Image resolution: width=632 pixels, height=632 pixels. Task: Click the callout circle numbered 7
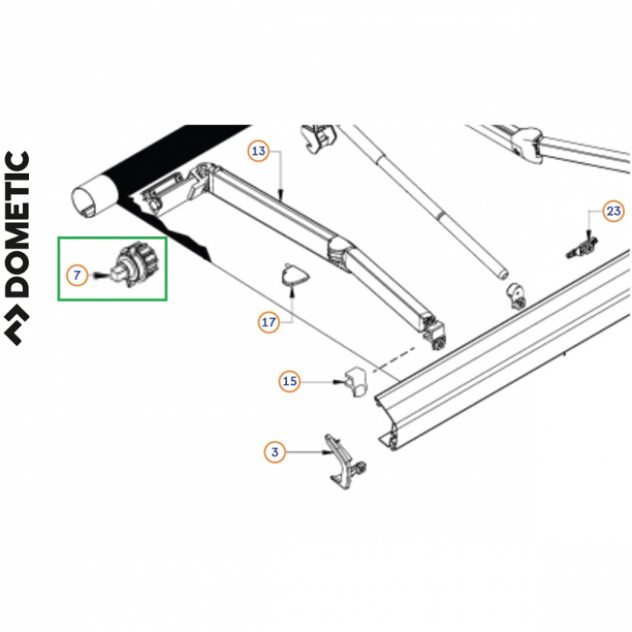coord(76,276)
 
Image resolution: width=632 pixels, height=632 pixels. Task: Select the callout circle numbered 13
coord(258,151)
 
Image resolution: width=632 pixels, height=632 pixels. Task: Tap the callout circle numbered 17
coord(269,322)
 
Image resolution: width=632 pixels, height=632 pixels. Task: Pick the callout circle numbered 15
coord(290,381)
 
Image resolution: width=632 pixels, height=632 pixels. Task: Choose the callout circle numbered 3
coord(275,452)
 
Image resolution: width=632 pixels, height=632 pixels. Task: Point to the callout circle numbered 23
coord(614,211)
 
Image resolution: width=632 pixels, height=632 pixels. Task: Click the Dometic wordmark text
coord(17,224)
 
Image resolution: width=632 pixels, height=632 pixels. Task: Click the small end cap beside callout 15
coord(355,380)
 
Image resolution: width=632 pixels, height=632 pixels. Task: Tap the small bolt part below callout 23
coord(583,248)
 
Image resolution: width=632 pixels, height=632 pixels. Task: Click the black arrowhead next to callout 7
coord(98,276)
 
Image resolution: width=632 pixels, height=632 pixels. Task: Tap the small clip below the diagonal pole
coord(515,297)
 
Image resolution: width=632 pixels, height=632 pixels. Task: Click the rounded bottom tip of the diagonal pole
coord(501,274)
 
